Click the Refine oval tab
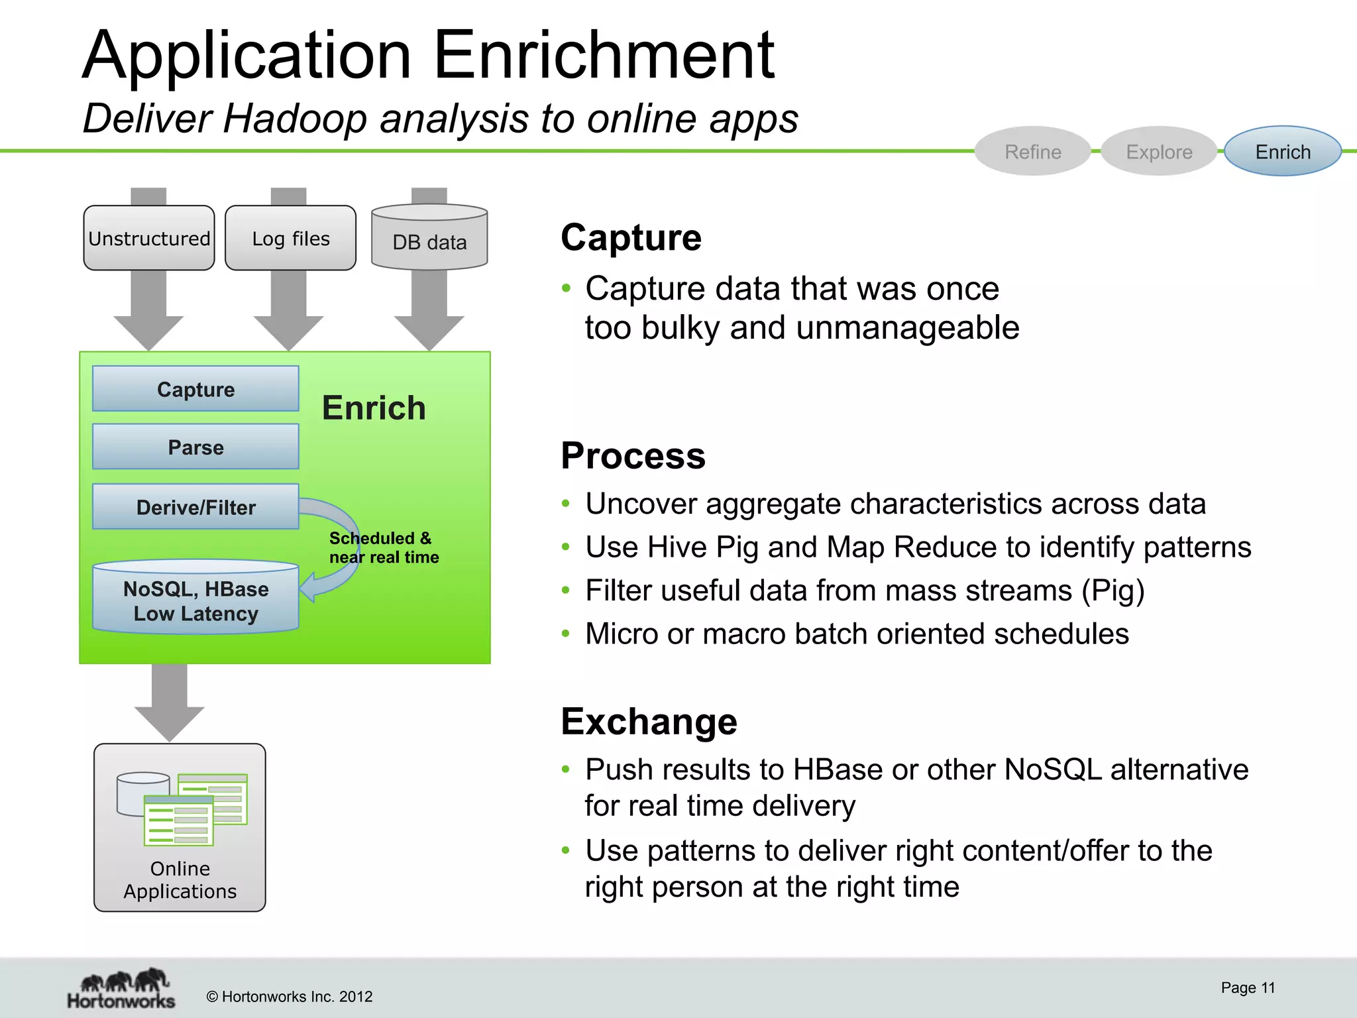click(1032, 152)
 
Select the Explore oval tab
click(1159, 152)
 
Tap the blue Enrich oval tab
click(1282, 152)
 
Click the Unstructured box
click(149, 239)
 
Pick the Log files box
click(290, 239)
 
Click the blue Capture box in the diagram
click(195, 389)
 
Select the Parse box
click(195, 447)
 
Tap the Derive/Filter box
click(195, 507)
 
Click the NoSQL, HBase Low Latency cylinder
click(195, 600)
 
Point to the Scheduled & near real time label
click(383, 547)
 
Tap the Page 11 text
click(1248, 988)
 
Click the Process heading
click(633, 456)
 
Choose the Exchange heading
click(649, 721)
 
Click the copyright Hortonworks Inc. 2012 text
click(290, 997)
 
